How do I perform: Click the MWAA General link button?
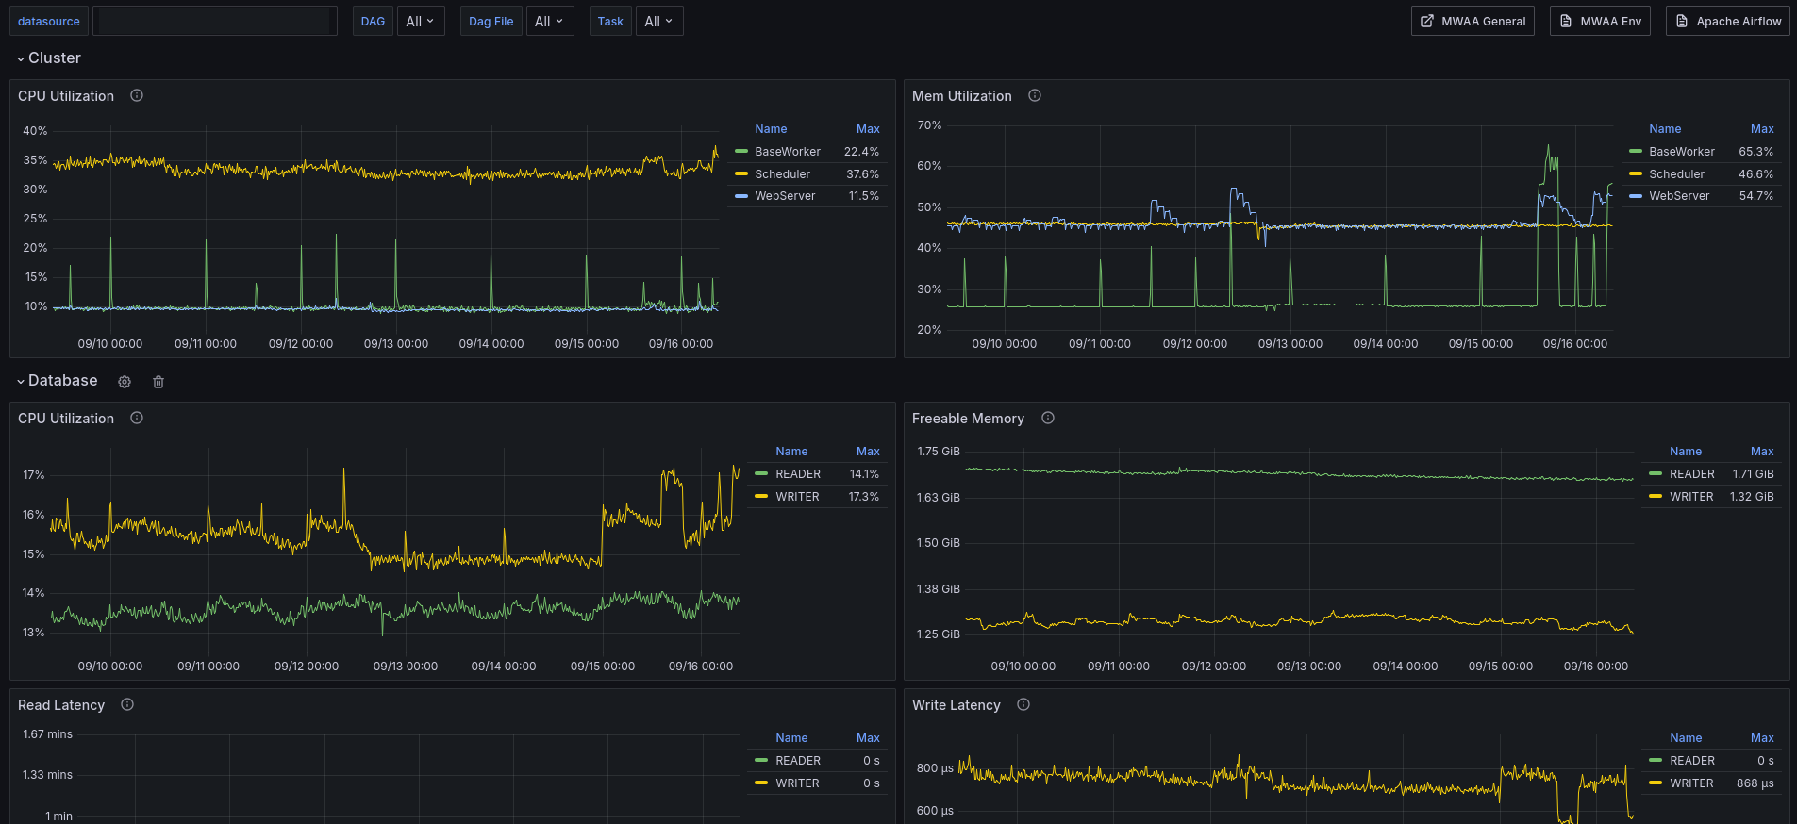1473,21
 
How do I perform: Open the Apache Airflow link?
1728,21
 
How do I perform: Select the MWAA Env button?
1600,21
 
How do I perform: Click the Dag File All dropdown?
549,21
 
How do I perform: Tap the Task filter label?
610,21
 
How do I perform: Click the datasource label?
49,21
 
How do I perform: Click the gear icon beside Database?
125,382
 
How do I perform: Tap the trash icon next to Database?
158,382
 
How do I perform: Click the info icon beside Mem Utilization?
1035,95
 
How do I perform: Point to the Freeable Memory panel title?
968,419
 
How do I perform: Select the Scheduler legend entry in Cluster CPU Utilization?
782,174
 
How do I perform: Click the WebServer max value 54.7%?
1755,196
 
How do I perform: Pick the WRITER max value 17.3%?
863,497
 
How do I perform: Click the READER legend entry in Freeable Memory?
1691,474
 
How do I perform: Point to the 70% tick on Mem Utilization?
929,125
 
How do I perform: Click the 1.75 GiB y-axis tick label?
938,452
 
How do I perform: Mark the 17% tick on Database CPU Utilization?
34,475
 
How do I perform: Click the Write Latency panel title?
956,705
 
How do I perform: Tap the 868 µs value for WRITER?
1755,783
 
